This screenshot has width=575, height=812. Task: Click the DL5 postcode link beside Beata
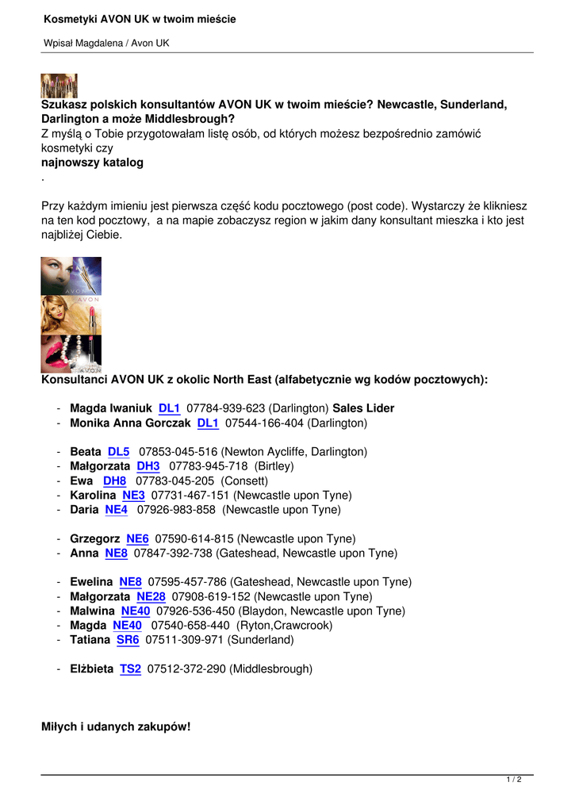[x=118, y=452]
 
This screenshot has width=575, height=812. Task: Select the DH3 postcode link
[x=148, y=466]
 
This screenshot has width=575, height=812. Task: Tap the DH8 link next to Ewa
[x=114, y=481]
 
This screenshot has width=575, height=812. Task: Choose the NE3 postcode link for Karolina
[x=133, y=496]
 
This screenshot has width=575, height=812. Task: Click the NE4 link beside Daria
[x=116, y=510]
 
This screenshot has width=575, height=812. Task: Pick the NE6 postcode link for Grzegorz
[x=137, y=539]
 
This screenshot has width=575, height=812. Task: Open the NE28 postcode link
[x=151, y=597]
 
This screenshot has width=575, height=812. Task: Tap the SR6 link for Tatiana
[x=128, y=640]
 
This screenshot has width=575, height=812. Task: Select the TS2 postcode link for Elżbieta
[x=130, y=669]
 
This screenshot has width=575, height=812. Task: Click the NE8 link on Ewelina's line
[x=130, y=582]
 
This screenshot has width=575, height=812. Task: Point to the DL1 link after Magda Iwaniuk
[x=169, y=408]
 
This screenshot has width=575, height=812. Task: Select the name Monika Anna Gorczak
[x=130, y=423]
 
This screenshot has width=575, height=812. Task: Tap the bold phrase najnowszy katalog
[x=92, y=163]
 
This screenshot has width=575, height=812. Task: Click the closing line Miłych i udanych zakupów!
[x=116, y=726]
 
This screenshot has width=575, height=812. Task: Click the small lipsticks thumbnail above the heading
[x=59, y=85]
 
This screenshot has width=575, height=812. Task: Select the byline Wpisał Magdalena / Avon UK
[x=106, y=43]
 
